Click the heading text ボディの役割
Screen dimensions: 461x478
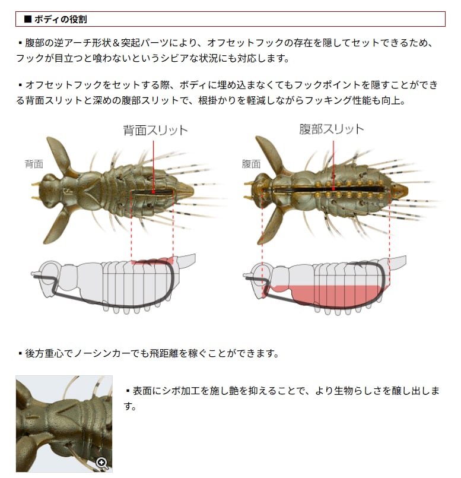(x=61, y=19)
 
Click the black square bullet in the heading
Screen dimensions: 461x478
(x=27, y=19)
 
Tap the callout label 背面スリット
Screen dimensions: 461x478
(x=155, y=130)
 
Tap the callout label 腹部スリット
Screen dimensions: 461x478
(x=332, y=129)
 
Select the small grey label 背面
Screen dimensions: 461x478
(x=34, y=164)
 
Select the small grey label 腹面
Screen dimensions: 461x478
(x=251, y=164)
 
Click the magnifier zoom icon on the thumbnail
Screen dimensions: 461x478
(x=101, y=463)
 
